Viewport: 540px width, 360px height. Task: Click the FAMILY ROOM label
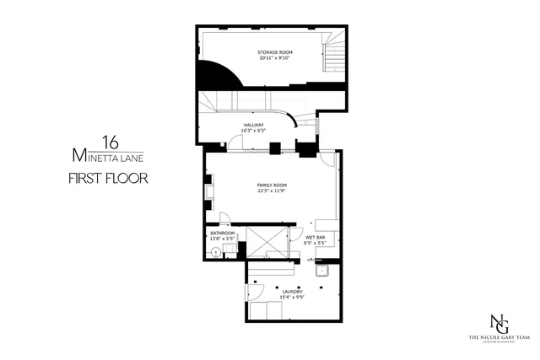pyautogui.click(x=273, y=185)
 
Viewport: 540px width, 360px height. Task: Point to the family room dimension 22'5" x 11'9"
pyautogui.click(x=273, y=191)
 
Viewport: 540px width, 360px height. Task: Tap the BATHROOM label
pyautogui.click(x=222, y=233)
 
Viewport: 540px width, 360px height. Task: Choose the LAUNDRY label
pyautogui.click(x=281, y=292)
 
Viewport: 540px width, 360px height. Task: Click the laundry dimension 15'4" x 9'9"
pyautogui.click(x=281, y=298)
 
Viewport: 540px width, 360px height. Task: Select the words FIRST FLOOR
pyautogui.click(x=109, y=178)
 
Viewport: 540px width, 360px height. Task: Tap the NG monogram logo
pyautogui.click(x=500, y=322)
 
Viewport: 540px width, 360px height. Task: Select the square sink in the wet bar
pyautogui.click(x=321, y=271)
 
